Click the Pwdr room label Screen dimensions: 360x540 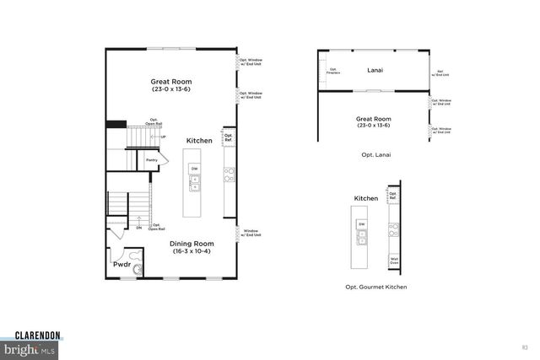121,264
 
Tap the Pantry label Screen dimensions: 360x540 152,159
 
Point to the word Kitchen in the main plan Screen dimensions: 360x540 199,140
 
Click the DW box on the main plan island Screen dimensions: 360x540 194,169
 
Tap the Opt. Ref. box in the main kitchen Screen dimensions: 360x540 228,137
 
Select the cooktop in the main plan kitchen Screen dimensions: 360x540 228,175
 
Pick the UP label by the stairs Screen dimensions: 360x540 163,137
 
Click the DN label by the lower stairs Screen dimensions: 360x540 138,226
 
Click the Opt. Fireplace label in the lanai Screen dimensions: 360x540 333,70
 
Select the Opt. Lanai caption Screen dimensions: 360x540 375,155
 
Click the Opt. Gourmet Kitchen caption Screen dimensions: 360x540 375,287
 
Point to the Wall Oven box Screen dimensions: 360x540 393,261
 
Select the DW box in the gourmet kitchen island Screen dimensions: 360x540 361,223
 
